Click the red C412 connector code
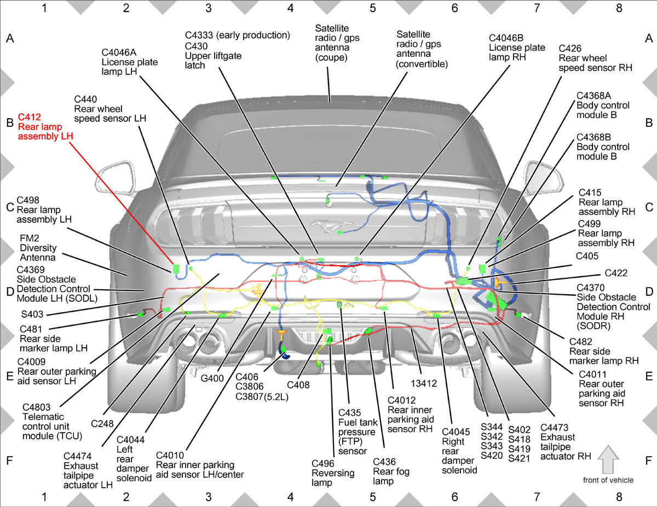click(30, 117)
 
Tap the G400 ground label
click(212, 378)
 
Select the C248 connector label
click(102, 424)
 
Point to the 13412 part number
click(424, 383)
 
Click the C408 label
click(298, 385)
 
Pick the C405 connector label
click(587, 256)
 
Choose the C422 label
click(616, 273)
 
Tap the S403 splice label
click(32, 314)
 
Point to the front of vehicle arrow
click(608, 459)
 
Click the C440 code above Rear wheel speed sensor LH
click(85, 100)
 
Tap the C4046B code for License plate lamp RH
click(506, 38)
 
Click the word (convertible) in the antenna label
click(422, 65)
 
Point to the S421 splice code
click(519, 458)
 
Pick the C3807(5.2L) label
click(262, 396)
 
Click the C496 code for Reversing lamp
click(323, 463)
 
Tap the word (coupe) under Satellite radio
click(331, 57)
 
